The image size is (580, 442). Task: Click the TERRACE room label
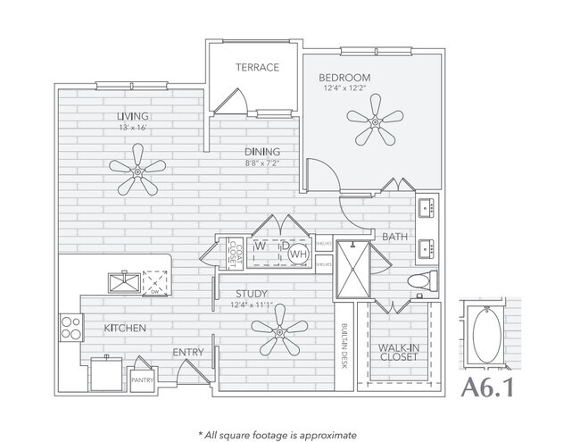pyautogui.click(x=257, y=67)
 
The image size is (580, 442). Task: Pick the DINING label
pyautogui.click(x=259, y=152)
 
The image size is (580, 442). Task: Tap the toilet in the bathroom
pyautogui.click(x=420, y=282)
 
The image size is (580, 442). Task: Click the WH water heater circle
pyautogui.click(x=297, y=254)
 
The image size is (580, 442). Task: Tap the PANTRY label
pyautogui.click(x=143, y=379)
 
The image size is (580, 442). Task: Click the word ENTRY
pyautogui.click(x=189, y=353)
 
